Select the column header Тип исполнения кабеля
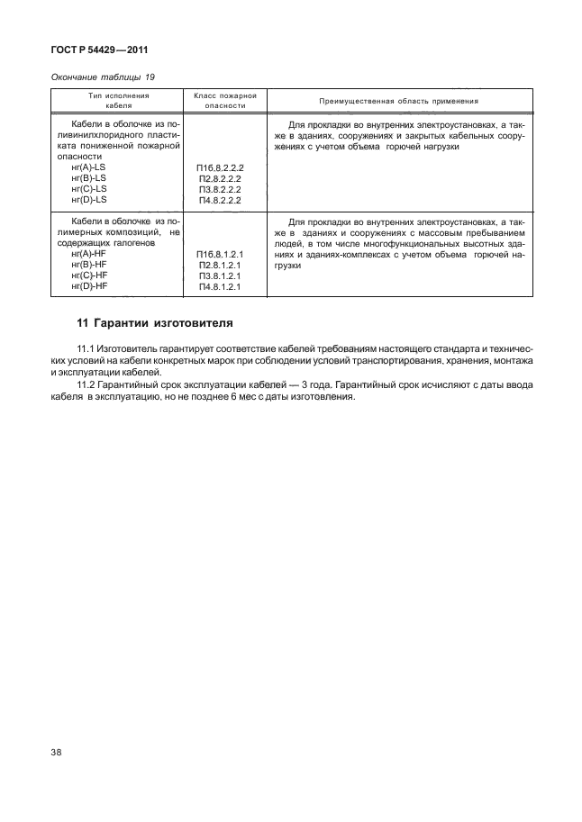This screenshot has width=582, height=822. click(118, 99)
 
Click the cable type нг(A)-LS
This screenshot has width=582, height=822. click(87, 167)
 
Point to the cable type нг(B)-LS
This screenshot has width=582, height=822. click(87, 178)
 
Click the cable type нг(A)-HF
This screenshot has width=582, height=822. click(87, 255)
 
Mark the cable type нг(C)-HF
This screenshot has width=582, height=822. click(87, 276)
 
